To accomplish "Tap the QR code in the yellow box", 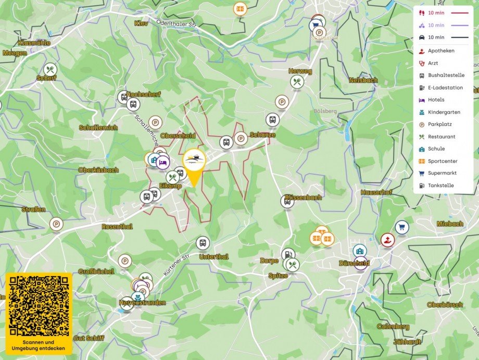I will [39, 306].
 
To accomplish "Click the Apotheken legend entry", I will [440, 51].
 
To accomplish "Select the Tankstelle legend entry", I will [440, 185].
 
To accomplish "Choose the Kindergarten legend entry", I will [444, 112].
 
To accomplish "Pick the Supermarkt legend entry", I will [442, 173].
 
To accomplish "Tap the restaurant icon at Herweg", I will [297, 81].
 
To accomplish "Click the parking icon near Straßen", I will [56, 224].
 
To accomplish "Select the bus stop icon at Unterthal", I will [203, 242].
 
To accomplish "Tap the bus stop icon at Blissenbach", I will [287, 201].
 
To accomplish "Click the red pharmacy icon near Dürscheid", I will [387, 240].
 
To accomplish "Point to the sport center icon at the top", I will [240, 9].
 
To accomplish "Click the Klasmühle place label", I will [34, 43].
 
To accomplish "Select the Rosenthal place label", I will [117, 227].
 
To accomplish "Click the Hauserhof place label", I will [376, 192].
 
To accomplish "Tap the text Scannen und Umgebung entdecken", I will [40, 345].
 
